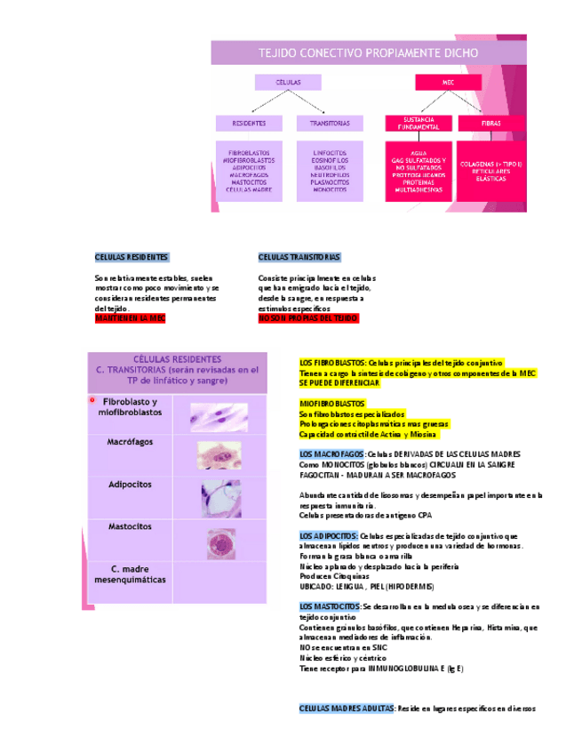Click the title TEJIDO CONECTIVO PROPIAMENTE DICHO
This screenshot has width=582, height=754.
(x=368, y=53)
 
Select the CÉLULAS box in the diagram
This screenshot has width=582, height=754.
(x=288, y=82)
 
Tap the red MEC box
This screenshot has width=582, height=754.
(x=448, y=82)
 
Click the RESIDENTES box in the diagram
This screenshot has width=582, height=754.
(x=249, y=123)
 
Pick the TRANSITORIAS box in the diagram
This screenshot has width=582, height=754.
(x=330, y=123)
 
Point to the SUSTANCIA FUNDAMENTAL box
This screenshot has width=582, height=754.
(x=419, y=123)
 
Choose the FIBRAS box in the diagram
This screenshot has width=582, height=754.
(x=490, y=123)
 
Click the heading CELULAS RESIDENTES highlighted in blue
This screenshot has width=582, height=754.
(x=132, y=257)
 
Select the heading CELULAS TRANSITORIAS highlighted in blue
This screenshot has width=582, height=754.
(x=299, y=257)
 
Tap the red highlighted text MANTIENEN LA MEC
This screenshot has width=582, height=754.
(x=130, y=317)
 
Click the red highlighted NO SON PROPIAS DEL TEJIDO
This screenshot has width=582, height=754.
(x=307, y=317)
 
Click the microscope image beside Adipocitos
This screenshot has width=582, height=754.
(x=219, y=498)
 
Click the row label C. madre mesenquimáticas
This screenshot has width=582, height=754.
(x=130, y=574)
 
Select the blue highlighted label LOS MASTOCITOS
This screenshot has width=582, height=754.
(x=330, y=606)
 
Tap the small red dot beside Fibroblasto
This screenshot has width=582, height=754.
(x=92, y=401)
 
